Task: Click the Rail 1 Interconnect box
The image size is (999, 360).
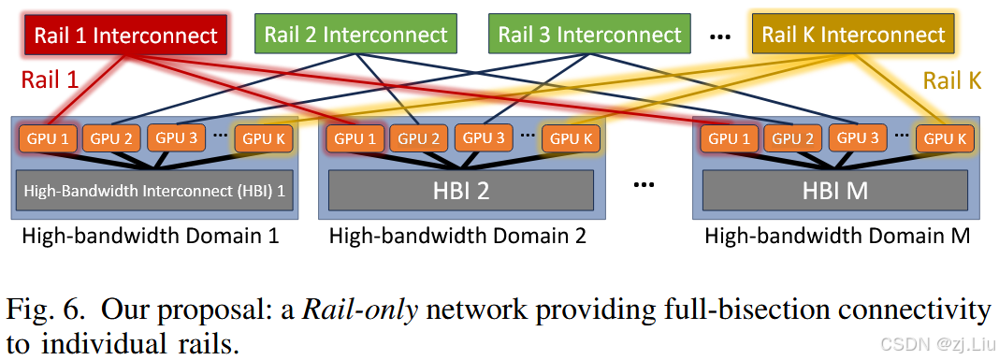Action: [x=125, y=36]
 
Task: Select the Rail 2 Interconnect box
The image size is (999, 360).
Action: [x=355, y=36]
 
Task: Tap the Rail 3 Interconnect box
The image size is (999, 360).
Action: [x=589, y=36]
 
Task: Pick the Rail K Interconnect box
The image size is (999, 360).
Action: [x=853, y=36]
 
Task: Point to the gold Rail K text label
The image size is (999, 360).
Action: [x=951, y=80]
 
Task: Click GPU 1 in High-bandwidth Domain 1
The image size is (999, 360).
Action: [x=48, y=138]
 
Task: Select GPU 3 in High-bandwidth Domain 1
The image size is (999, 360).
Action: [x=176, y=137]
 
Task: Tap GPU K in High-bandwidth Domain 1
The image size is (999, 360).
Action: [x=264, y=138]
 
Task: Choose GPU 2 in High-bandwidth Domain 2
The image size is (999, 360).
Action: [x=420, y=138]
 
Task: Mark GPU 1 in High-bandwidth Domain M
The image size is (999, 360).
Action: [x=729, y=138]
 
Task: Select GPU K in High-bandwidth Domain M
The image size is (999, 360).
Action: [x=946, y=138]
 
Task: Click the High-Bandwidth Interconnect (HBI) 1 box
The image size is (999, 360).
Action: [x=152, y=190]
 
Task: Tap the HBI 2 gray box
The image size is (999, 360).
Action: [x=460, y=191]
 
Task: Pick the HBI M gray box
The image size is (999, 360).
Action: [x=834, y=191]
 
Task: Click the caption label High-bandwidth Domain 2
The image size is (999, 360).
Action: [x=456, y=236]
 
